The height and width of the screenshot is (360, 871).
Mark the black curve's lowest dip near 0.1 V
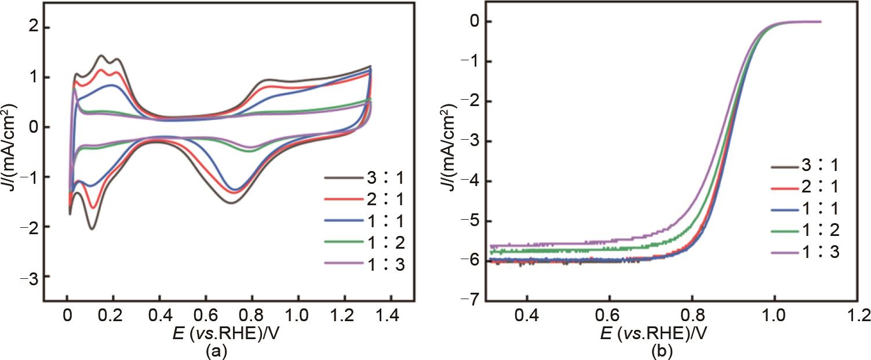(x=92, y=230)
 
